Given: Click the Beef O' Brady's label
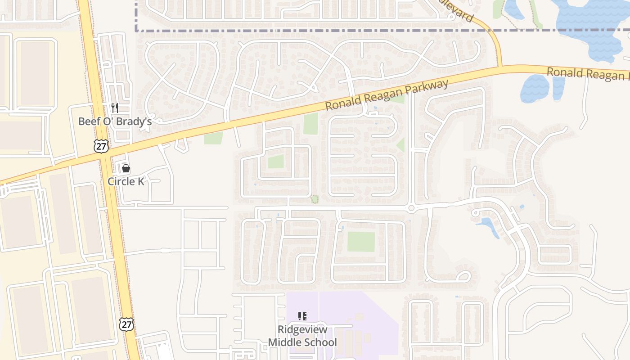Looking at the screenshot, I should pyautogui.click(x=115, y=121).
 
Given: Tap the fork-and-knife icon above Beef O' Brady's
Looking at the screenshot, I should pyautogui.click(x=115, y=108).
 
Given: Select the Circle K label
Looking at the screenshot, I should pyautogui.click(x=126, y=181).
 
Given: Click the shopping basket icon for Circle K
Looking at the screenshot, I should pyautogui.click(x=126, y=168).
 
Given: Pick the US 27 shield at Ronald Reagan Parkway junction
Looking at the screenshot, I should pyautogui.click(x=101, y=145).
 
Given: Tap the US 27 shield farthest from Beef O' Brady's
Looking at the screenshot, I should pyautogui.click(x=126, y=324).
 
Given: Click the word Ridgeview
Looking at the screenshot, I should pyautogui.click(x=302, y=329).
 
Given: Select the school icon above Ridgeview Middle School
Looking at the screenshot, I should pyautogui.click(x=302, y=316).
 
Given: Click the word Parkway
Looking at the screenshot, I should pyautogui.click(x=427, y=90).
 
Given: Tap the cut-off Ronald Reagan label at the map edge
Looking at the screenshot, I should pyautogui.click(x=587, y=74).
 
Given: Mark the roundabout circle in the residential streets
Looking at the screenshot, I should pyautogui.click(x=411, y=208).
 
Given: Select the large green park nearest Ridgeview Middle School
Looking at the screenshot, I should pyautogui.click(x=361, y=242).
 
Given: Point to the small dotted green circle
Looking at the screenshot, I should pyautogui.click(x=315, y=198).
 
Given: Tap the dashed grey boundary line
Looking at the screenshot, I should pyautogui.click(x=315, y=31).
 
